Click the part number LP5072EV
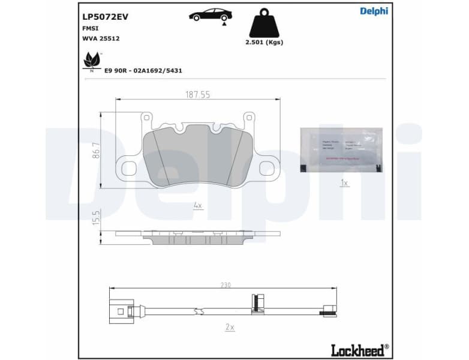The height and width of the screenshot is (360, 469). [105, 17]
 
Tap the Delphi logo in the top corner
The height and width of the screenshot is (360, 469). [374, 11]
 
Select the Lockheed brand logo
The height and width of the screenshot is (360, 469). [359, 349]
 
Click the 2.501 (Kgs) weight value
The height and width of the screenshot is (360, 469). [264, 42]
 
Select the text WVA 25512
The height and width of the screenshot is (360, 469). [101, 38]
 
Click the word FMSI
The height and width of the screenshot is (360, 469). [91, 28]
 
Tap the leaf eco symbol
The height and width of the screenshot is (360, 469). [92, 61]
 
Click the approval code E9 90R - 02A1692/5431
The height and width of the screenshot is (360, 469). [143, 70]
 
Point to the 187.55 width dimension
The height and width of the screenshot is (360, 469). [197, 94]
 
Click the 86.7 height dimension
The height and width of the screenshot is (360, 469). [95, 150]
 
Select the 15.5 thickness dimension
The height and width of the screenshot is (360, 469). [95, 217]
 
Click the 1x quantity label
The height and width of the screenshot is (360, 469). [344, 182]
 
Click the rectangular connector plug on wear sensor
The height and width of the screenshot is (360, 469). [124, 310]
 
